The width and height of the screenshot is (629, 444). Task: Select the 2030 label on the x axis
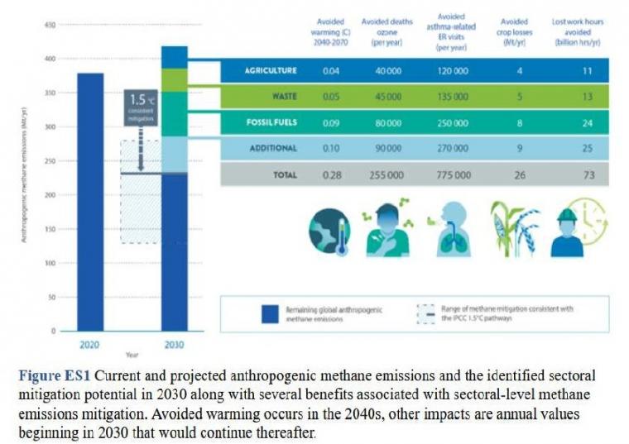[174, 345]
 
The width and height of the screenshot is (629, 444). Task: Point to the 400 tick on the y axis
[50, 59]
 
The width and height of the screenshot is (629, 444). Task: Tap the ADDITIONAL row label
[273, 148]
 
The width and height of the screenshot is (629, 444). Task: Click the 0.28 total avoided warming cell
[332, 174]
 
